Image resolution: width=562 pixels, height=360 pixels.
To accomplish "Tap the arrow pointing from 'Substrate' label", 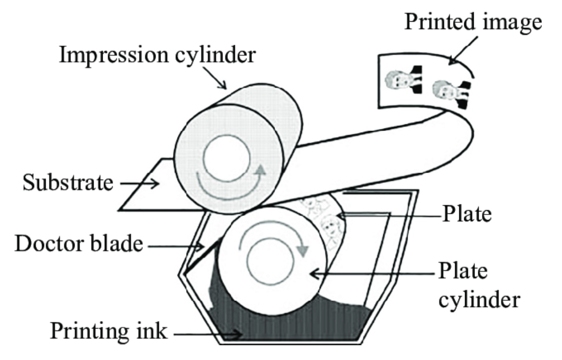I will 140,183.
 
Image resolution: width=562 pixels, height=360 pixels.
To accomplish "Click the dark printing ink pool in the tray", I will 288,324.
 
